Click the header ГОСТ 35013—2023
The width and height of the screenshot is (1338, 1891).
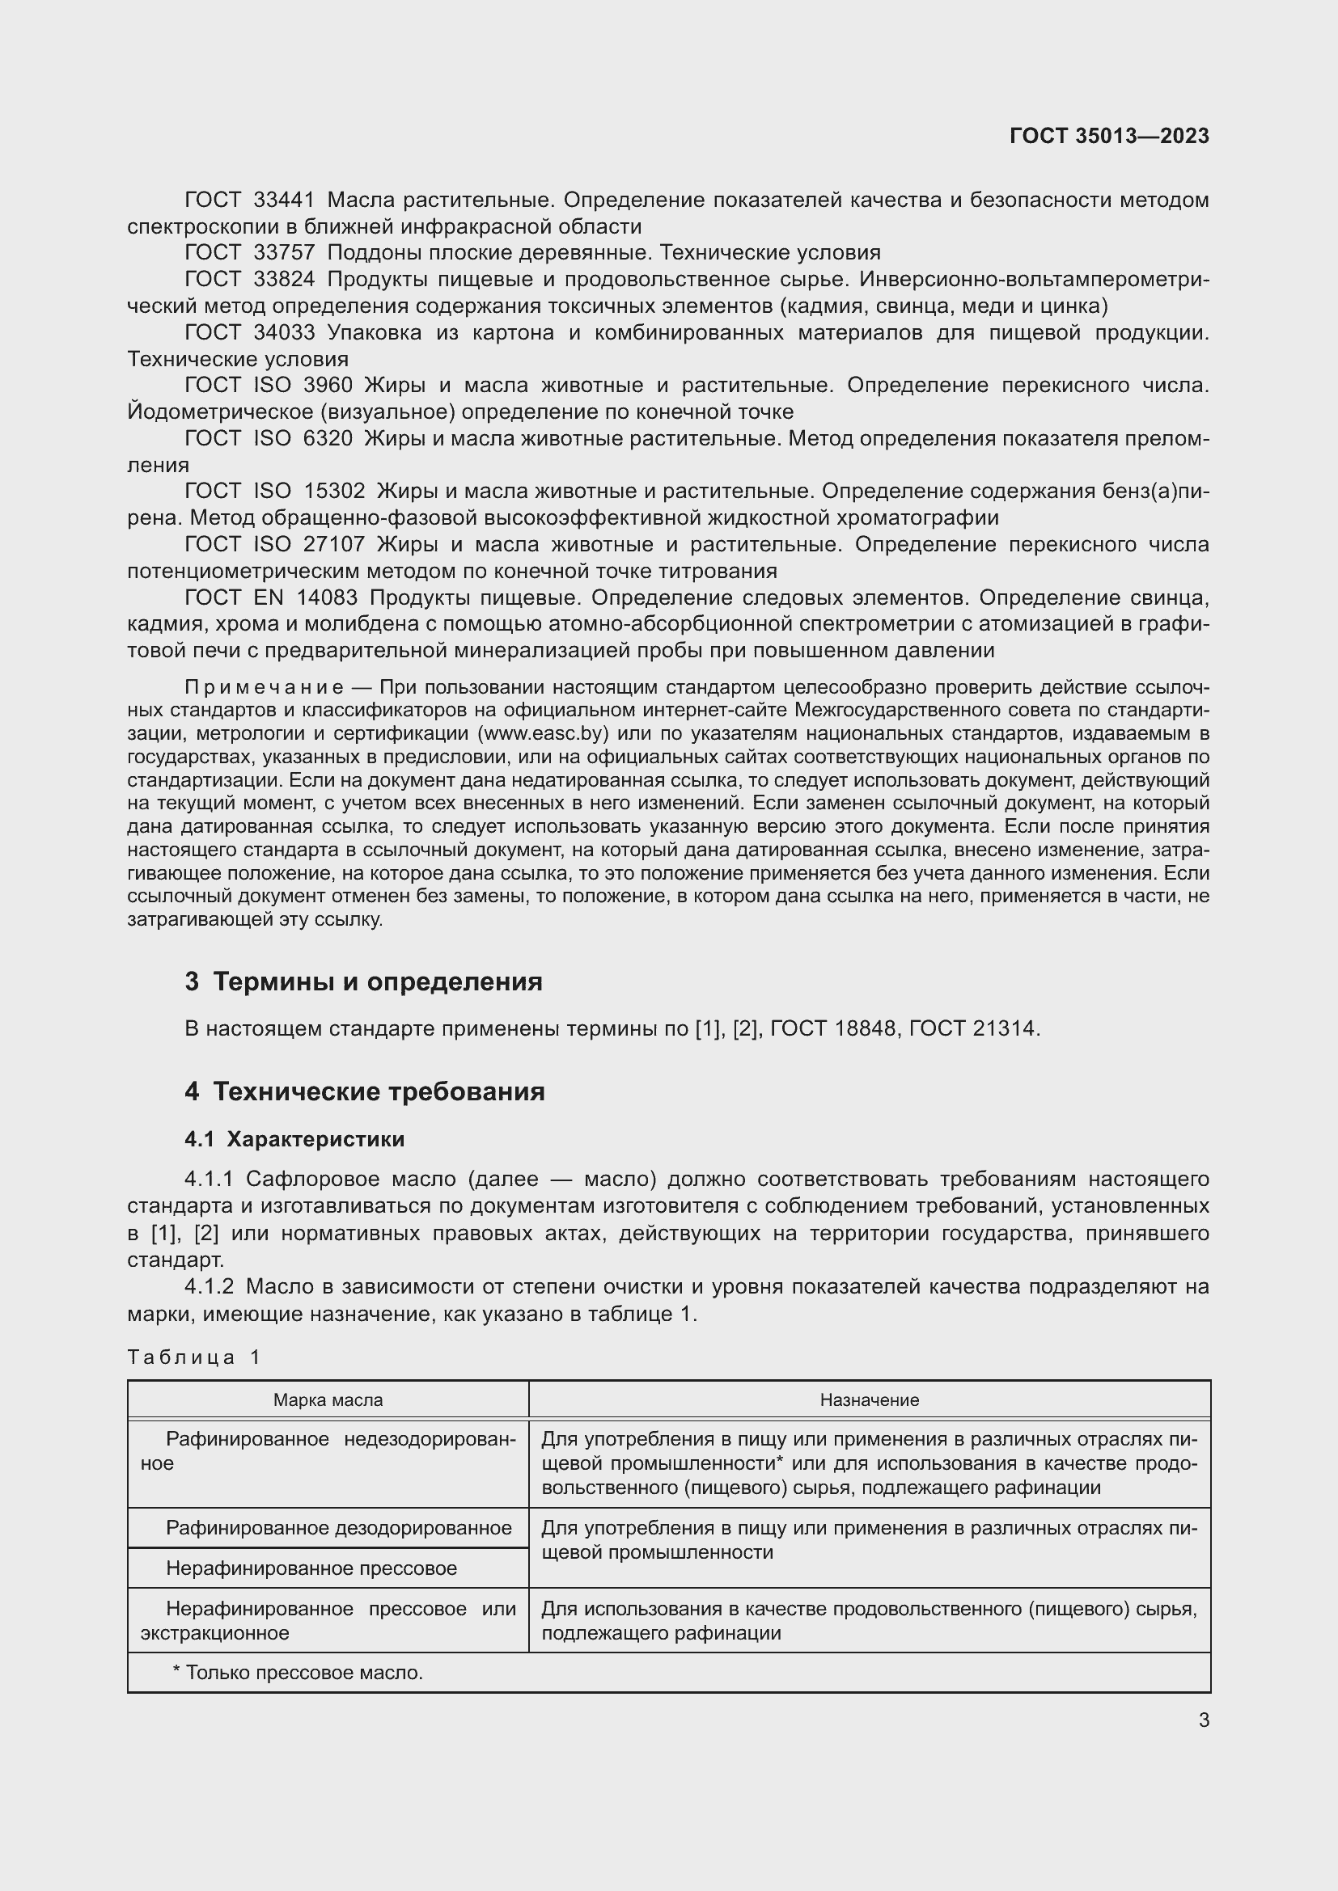tap(1109, 136)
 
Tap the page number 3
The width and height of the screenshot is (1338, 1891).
tap(1204, 1720)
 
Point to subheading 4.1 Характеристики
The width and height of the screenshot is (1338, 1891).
tap(294, 1139)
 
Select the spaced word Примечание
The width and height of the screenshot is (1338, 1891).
tap(264, 688)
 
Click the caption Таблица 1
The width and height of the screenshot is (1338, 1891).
tap(193, 1357)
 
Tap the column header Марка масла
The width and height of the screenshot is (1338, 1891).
tap(328, 1400)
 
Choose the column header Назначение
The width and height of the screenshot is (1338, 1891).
tap(869, 1400)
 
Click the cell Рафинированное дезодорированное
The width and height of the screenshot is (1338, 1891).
tap(339, 1529)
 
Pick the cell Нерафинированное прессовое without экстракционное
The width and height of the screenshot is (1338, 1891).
tap(311, 1568)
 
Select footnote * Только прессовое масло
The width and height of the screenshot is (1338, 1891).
tap(298, 1673)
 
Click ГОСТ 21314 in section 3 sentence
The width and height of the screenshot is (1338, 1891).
tap(973, 1028)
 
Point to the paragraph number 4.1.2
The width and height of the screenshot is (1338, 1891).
tap(210, 1287)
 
